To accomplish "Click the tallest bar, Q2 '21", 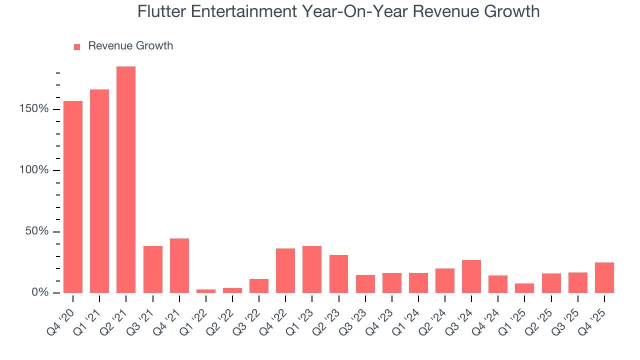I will [126, 180].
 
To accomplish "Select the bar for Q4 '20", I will [73, 197].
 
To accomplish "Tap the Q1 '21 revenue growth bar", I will [99, 191].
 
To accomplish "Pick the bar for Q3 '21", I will [152, 269].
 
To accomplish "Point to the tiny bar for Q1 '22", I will [206, 291].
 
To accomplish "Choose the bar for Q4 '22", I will [285, 270].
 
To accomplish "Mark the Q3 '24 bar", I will [471, 276].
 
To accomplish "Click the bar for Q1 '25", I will [524, 288].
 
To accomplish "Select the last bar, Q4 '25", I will [604, 277].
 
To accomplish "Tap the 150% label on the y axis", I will [34, 109].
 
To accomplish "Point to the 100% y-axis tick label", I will [34, 170].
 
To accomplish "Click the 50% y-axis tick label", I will [37, 231].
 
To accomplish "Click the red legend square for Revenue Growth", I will [77, 47].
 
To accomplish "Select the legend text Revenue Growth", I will [130, 46].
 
